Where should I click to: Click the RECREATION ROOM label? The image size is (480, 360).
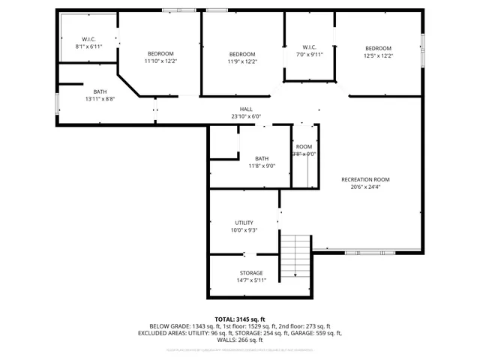pyautogui.click(x=365, y=179)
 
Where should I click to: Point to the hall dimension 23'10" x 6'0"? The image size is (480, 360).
pyautogui.click(x=246, y=117)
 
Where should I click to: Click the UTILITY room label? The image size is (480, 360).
pyautogui.click(x=244, y=223)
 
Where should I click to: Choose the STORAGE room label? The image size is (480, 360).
pyautogui.click(x=251, y=273)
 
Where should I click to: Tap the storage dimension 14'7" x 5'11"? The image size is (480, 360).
pyautogui.click(x=251, y=280)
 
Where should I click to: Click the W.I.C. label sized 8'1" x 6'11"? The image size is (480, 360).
pyautogui.click(x=88, y=39)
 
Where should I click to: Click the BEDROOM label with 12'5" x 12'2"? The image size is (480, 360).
pyautogui.click(x=378, y=47)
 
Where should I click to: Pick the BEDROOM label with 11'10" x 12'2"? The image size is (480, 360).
pyautogui.click(x=160, y=53)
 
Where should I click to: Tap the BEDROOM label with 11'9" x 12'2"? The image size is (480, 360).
pyautogui.click(x=242, y=54)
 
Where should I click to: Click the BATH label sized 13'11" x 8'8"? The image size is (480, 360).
pyautogui.click(x=100, y=91)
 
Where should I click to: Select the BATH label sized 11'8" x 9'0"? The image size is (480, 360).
pyautogui.click(x=262, y=158)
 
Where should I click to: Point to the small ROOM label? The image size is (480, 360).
pyautogui.click(x=304, y=146)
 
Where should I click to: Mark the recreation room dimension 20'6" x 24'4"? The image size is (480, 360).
pyautogui.click(x=365, y=187)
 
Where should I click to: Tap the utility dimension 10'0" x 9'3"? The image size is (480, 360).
pyautogui.click(x=244, y=231)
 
